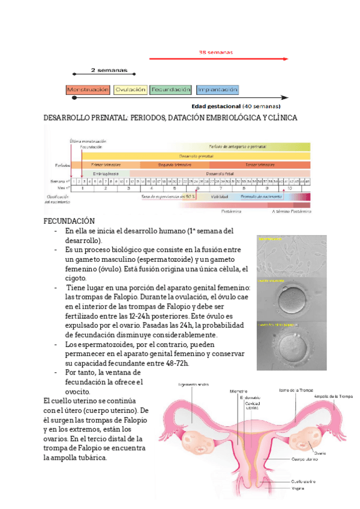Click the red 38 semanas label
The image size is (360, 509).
215,52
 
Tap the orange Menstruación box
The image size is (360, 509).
88,89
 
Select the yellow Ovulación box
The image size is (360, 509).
130,89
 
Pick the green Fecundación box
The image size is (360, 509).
171,89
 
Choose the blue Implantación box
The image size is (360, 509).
217,89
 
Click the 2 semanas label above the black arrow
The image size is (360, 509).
105,70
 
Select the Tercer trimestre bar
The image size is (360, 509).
259,164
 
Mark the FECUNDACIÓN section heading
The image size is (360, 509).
70,221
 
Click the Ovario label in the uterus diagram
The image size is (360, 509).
320,453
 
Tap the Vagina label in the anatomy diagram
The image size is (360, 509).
298,488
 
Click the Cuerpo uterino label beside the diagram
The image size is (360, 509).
304,460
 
